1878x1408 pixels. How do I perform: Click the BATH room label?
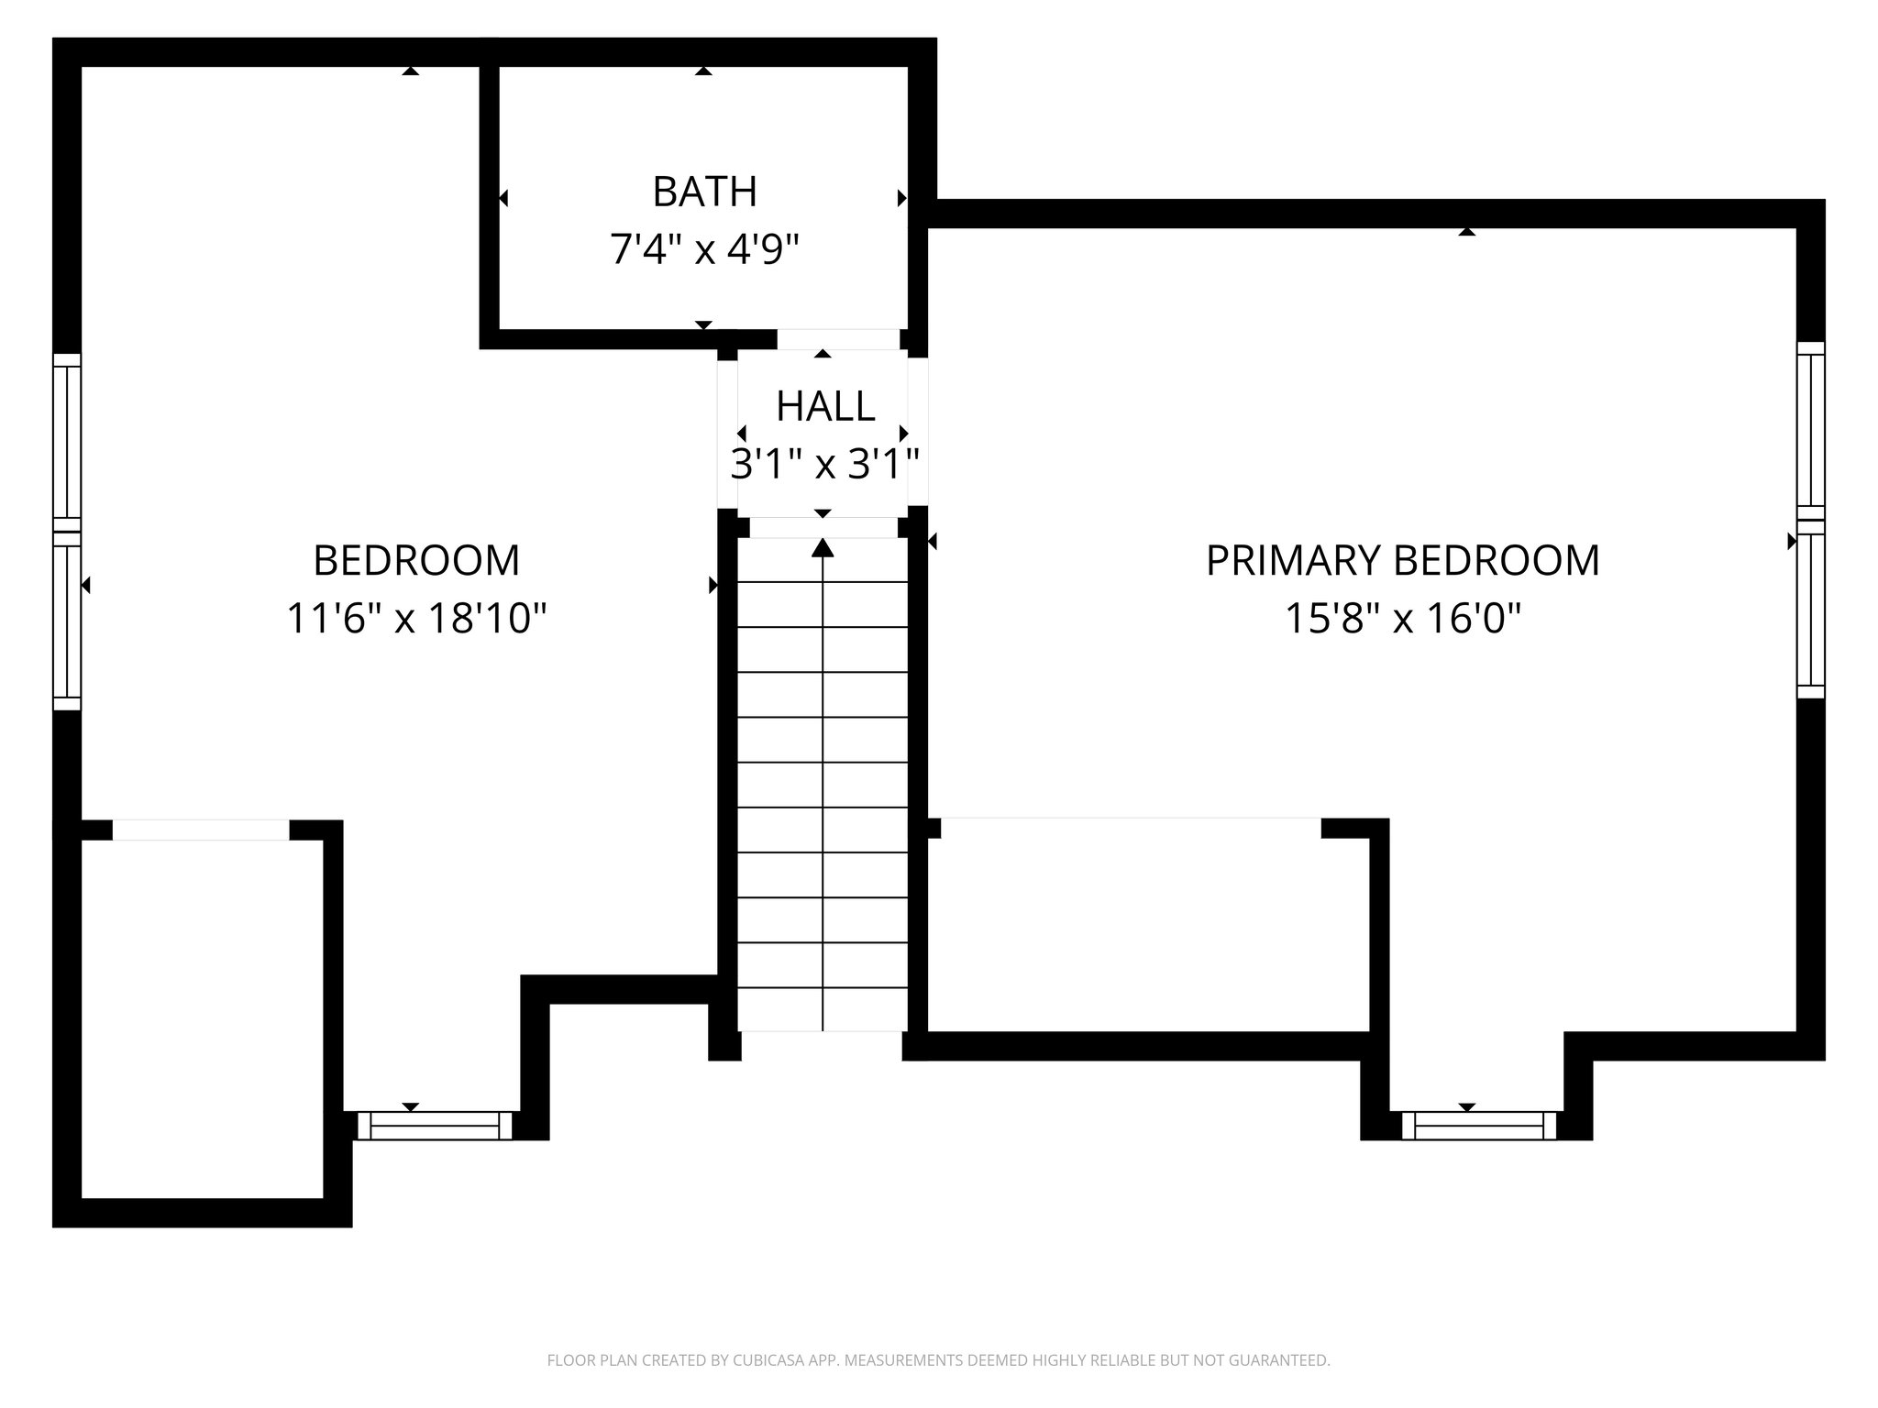coord(704,192)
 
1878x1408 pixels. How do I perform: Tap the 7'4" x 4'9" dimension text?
coord(704,248)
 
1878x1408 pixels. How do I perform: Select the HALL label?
coord(824,406)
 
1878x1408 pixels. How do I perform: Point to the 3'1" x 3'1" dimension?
coord(824,464)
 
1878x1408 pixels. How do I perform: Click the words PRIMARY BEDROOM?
coord(1402,560)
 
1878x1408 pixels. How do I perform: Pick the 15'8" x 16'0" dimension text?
coord(1402,618)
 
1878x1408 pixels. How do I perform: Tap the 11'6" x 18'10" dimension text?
coord(416,618)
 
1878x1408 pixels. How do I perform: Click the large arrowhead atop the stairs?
coord(823,548)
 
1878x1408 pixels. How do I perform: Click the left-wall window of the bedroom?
coord(67,532)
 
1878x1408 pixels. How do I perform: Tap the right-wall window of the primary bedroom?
coord(1810,520)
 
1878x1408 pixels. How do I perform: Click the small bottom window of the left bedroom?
coord(434,1125)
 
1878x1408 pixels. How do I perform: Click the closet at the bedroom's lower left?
coord(202,1017)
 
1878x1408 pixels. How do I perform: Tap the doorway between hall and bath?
coord(838,339)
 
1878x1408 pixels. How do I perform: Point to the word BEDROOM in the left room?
coord(416,560)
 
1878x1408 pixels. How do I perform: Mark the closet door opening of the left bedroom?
coord(201,830)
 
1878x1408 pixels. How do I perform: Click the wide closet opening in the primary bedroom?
coord(1131,828)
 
